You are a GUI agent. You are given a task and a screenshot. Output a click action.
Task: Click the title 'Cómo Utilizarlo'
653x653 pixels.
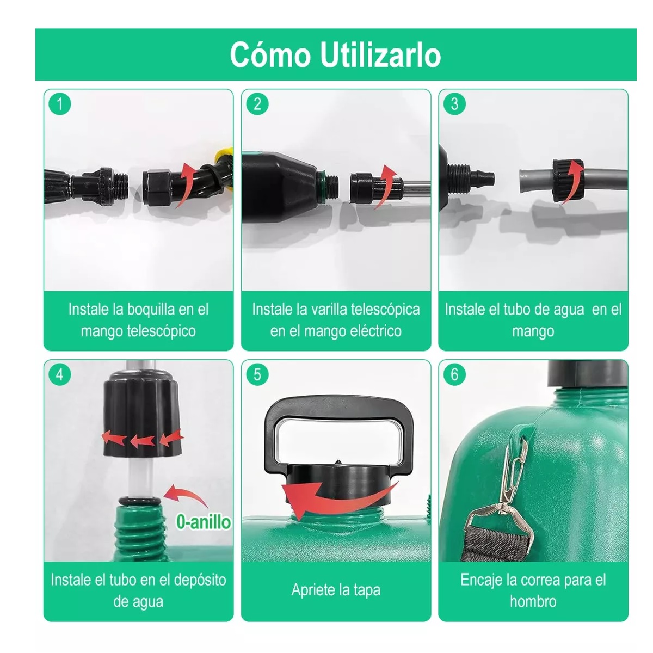pyautogui.click(x=335, y=54)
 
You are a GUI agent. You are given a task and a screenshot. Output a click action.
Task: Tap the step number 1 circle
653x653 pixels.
pyautogui.click(x=60, y=103)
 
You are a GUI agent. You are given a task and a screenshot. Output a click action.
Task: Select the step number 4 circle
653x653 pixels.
pyautogui.click(x=60, y=374)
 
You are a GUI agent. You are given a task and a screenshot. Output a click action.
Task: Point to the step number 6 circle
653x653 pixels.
pyautogui.click(x=455, y=374)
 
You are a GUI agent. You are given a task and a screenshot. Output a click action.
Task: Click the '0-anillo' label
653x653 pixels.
pyautogui.click(x=203, y=522)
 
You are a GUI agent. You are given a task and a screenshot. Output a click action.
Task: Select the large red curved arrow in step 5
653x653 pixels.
pyautogui.click(x=332, y=495)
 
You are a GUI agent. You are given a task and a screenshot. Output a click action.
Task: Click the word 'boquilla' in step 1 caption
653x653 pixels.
pyautogui.click(x=151, y=310)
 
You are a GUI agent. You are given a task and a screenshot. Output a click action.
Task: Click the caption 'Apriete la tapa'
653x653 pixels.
pyautogui.click(x=336, y=590)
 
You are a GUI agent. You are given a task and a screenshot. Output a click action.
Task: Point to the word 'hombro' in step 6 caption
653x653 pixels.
pyautogui.click(x=533, y=601)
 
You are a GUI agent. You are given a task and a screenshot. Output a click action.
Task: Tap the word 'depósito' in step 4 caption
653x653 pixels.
pyautogui.click(x=200, y=580)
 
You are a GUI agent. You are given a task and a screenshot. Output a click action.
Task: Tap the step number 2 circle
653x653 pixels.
pyautogui.click(x=257, y=103)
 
